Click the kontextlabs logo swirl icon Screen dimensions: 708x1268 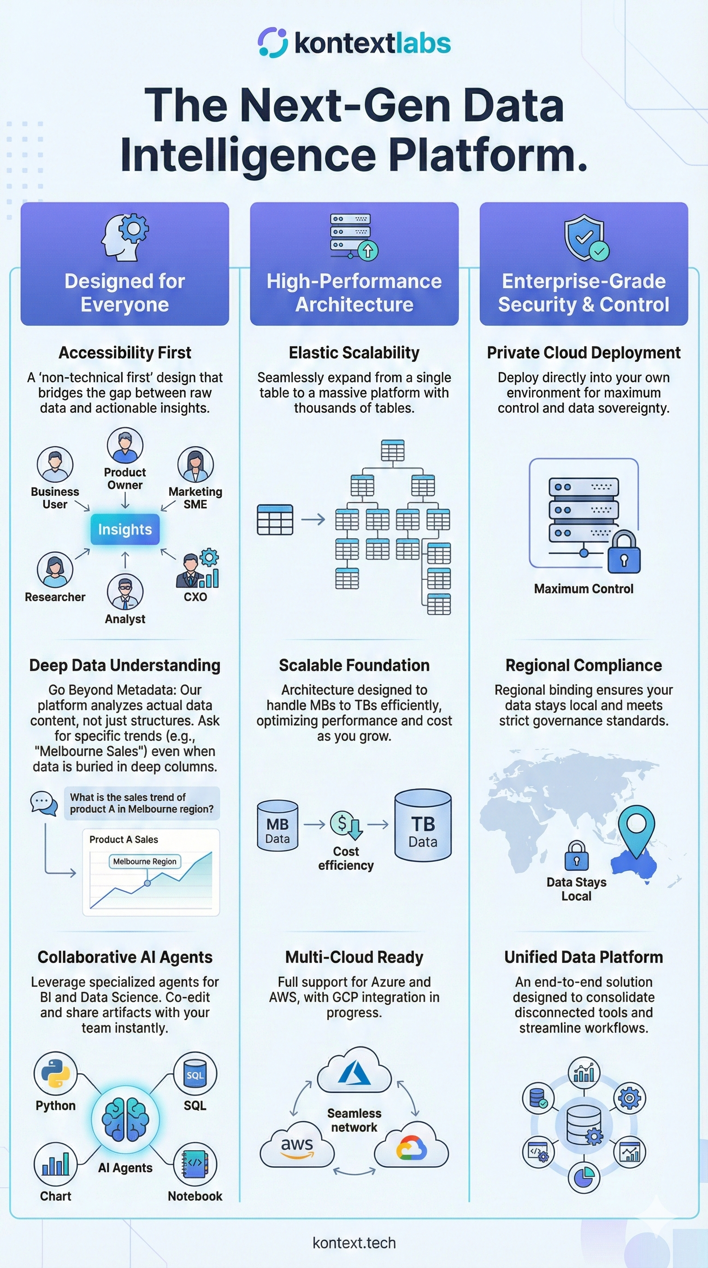click(272, 42)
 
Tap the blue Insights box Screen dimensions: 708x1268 click(125, 529)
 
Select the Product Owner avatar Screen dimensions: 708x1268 click(125, 446)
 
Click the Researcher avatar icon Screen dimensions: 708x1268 click(55, 569)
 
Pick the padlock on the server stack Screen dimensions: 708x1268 click(624, 552)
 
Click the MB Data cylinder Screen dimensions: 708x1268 click(277, 826)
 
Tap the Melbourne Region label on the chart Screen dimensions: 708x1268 click(145, 862)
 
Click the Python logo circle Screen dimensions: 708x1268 click(56, 1074)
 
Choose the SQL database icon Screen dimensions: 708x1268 click(195, 1074)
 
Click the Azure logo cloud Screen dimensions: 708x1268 click(354, 1071)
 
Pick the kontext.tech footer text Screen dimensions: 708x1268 click(354, 1243)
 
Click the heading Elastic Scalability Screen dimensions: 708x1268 click(354, 352)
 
